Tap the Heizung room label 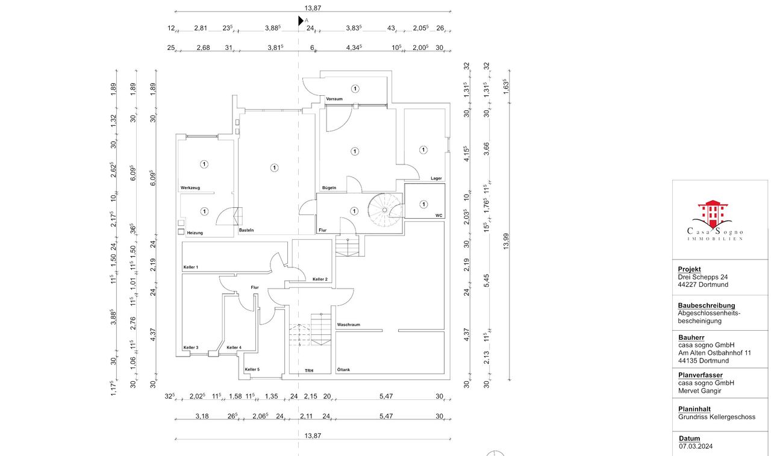(x=195, y=233)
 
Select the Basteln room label (x=246, y=231)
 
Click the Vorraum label (x=334, y=99)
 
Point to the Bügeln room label (x=328, y=189)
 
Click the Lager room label (x=436, y=178)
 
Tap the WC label (x=439, y=215)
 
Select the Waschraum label (x=348, y=325)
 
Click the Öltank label (x=343, y=369)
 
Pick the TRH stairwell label (x=309, y=370)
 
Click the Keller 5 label (x=252, y=369)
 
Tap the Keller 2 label (x=320, y=279)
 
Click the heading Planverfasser (x=700, y=375)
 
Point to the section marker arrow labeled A (x=301, y=20)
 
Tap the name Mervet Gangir (x=699, y=390)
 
